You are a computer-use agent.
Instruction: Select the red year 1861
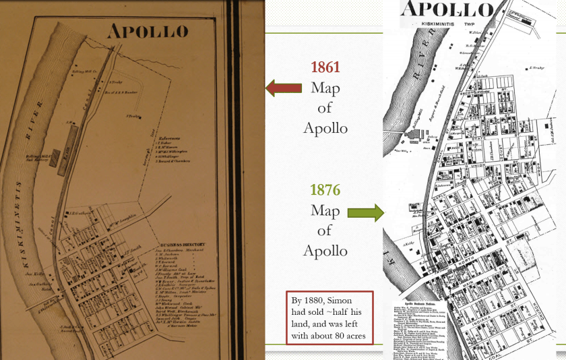click(325, 67)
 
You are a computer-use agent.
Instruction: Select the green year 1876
click(325, 191)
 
